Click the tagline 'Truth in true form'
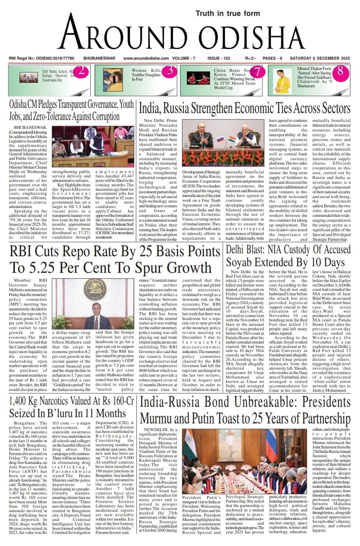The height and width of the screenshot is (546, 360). [x=227, y=14]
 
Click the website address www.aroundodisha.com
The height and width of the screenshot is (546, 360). [x=146, y=58]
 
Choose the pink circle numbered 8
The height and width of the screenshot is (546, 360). [x=340, y=71]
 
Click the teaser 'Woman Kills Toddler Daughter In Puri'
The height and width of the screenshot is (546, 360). [x=146, y=75]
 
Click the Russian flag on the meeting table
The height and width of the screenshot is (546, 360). [x=220, y=140]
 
